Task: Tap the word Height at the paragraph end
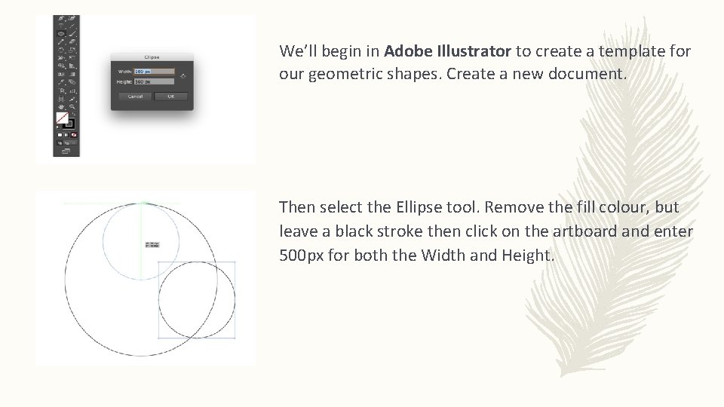click(x=527, y=256)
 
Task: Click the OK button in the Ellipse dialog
click(x=170, y=96)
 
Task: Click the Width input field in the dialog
click(x=154, y=72)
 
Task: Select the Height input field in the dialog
click(x=154, y=81)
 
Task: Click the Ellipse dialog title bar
click(x=152, y=57)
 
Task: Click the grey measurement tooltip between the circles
click(x=152, y=244)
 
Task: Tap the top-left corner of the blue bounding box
click(x=158, y=262)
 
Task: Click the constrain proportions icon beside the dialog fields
click(x=183, y=76)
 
